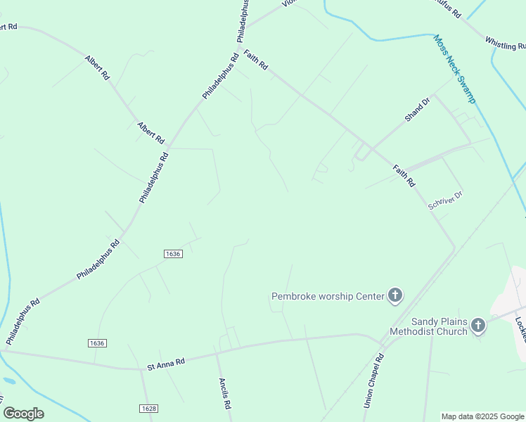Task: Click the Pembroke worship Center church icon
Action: pos(395,295)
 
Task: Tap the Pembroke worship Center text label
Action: pos(328,296)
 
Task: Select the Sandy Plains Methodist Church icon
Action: pos(478,325)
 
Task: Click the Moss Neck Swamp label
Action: pos(454,69)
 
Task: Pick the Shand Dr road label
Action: pos(416,110)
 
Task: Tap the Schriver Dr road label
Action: pos(446,200)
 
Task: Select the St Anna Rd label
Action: pos(166,364)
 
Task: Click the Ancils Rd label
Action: pos(224,394)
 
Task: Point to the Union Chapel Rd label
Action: pos(373,381)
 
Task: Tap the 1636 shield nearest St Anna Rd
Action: pos(97,343)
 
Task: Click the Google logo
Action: pos(23,413)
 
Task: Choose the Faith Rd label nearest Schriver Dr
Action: pos(404,175)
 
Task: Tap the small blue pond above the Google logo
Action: pos(8,381)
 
